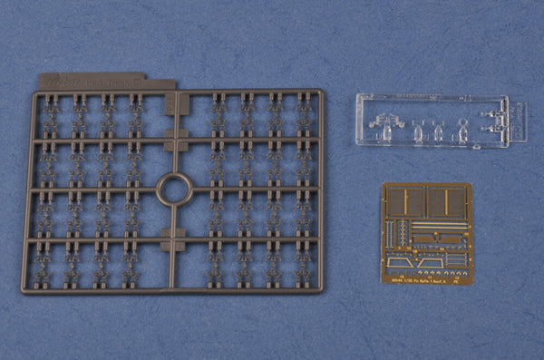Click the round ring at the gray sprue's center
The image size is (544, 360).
click(x=172, y=190)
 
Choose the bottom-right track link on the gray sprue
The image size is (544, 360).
click(x=302, y=264)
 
